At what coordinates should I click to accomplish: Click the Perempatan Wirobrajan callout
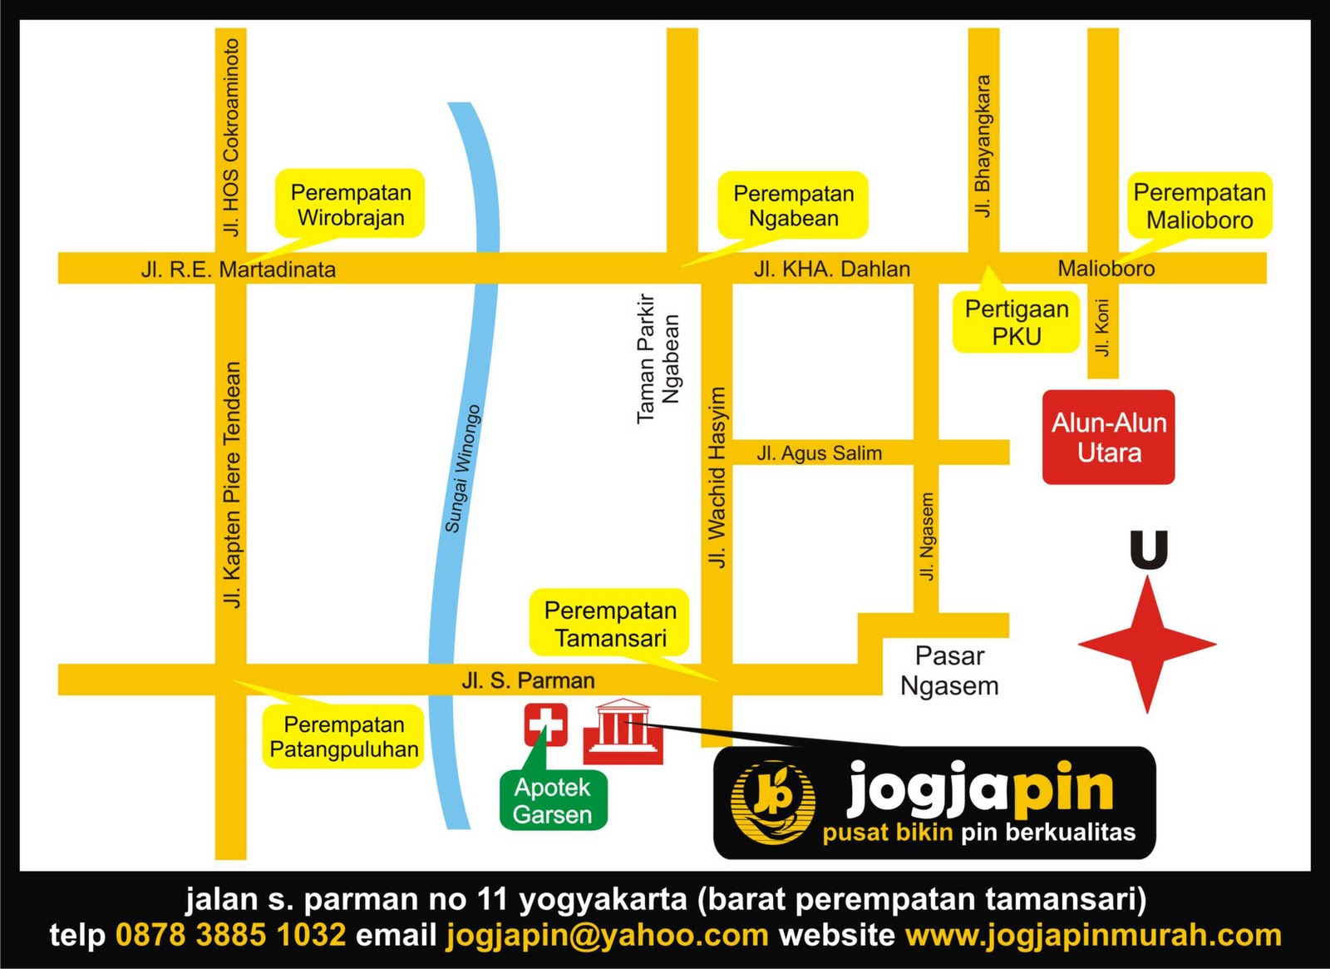click(350, 205)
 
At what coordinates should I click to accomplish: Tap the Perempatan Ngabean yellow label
click(793, 205)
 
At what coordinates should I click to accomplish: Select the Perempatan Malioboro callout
click(1199, 205)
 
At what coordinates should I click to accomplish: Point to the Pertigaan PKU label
click(1016, 323)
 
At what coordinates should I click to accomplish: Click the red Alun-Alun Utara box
click(1109, 438)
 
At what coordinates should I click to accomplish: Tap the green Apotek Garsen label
click(553, 800)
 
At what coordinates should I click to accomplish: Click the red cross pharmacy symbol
click(545, 724)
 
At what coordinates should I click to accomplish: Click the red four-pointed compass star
click(1147, 644)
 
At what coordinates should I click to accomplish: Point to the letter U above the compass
click(1149, 551)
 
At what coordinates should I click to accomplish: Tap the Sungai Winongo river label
click(463, 468)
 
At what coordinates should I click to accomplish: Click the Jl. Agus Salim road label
click(819, 453)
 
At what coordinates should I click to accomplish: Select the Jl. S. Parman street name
click(528, 680)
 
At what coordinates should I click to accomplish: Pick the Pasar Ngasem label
click(949, 670)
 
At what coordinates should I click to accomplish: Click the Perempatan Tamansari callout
click(610, 624)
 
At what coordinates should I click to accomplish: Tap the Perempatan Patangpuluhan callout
click(344, 737)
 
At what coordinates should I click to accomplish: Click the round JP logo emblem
click(771, 802)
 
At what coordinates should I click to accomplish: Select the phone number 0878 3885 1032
click(230, 935)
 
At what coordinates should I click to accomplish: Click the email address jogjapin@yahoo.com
click(607, 935)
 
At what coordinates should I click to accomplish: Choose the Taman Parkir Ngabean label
click(658, 358)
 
